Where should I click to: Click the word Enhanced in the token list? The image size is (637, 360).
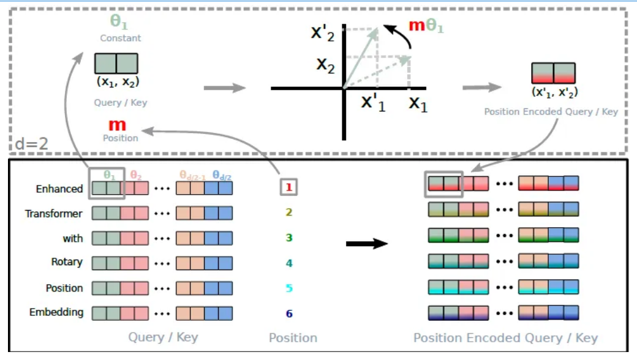pos(59,189)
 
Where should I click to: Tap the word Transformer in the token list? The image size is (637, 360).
pos(53,214)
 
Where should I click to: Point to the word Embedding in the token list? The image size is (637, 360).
pos(56,312)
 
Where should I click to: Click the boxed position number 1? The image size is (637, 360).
pos(288,187)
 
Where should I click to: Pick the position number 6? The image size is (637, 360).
pos(288,313)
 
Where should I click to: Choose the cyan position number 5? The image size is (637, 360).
pos(288,288)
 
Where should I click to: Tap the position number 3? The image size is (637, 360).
pos(288,238)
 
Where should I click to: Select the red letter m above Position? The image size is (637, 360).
pos(117,125)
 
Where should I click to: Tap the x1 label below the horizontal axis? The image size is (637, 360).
pos(418,104)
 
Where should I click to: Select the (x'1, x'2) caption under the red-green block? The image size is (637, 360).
pos(553,92)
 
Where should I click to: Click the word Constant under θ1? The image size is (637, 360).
pos(120,38)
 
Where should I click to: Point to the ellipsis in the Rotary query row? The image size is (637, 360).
pos(162,263)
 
